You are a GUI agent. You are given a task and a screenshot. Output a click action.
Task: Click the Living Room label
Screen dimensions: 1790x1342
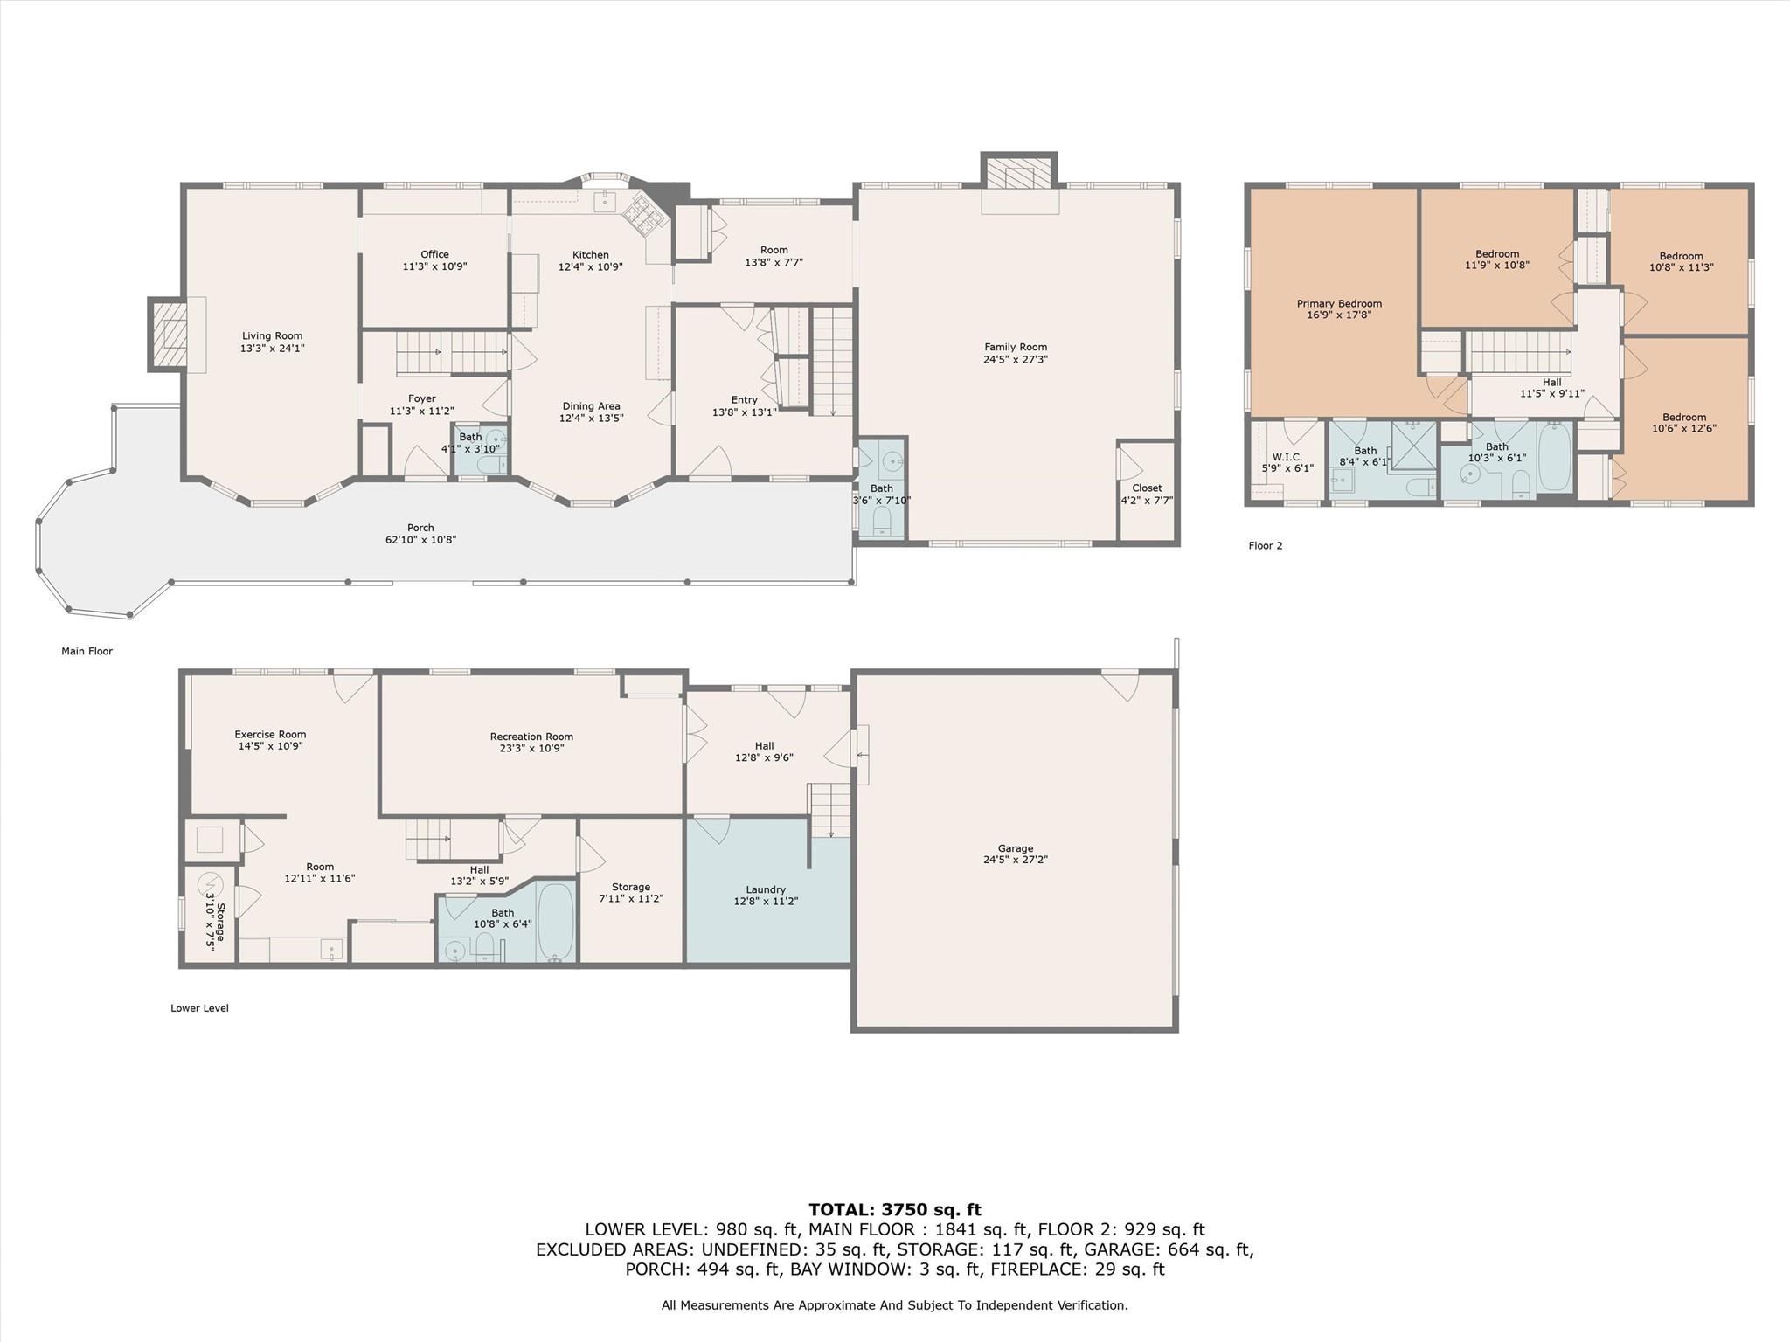(x=272, y=335)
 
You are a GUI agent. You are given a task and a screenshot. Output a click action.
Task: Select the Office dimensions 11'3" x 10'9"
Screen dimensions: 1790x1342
(x=434, y=266)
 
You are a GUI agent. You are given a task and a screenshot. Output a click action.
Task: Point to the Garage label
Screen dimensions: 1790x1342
(x=1015, y=848)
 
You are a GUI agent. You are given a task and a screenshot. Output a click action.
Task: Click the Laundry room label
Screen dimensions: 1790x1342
(x=766, y=889)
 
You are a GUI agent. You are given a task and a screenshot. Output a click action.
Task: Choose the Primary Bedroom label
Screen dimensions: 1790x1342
(x=1339, y=304)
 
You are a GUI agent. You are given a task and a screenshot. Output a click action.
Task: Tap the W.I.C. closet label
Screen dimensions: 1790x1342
(x=1287, y=457)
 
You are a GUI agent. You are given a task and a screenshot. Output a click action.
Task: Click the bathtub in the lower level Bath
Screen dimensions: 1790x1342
(x=555, y=921)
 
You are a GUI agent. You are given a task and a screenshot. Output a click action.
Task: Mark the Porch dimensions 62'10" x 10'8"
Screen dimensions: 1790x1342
(x=420, y=540)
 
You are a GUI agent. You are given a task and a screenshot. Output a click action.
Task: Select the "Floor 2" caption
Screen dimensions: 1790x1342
(x=1265, y=546)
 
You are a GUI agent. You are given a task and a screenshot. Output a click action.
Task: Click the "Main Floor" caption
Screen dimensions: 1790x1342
(x=87, y=651)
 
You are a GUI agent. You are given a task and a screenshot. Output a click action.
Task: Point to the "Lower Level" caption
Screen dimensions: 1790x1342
(x=199, y=1008)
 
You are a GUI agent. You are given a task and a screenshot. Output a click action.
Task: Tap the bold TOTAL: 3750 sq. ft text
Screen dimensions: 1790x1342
(x=895, y=1210)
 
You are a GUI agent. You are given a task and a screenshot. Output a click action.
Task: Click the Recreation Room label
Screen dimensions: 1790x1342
(x=531, y=737)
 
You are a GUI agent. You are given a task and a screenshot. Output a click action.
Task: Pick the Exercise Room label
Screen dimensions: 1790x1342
(x=270, y=735)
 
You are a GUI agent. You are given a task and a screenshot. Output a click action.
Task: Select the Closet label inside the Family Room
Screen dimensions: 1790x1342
(x=1147, y=488)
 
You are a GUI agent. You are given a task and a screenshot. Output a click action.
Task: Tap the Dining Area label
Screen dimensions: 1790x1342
(x=591, y=406)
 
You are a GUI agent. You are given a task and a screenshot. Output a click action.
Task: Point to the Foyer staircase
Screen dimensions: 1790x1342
(x=452, y=352)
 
